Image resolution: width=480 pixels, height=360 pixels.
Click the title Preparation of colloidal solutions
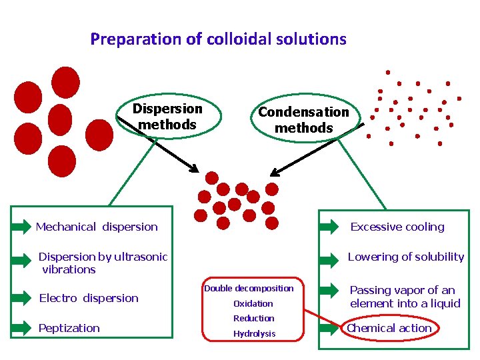pyautogui.click(x=218, y=39)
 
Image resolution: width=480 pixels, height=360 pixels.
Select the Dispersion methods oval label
pyautogui.click(x=167, y=117)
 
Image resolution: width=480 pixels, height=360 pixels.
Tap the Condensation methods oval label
pyautogui.click(x=303, y=120)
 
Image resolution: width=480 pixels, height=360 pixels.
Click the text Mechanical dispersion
pyautogui.click(x=97, y=227)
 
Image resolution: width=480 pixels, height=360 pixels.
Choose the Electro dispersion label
pyautogui.click(x=89, y=298)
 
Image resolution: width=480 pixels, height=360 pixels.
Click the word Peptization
pyautogui.click(x=69, y=328)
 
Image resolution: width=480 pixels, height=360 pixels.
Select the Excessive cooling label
pyautogui.click(x=397, y=227)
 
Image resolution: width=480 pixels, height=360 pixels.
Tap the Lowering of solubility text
pyautogui.click(x=406, y=257)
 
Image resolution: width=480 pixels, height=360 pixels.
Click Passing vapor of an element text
pyautogui.click(x=405, y=297)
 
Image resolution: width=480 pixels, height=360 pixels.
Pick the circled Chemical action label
pyautogui.click(x=389, y=328)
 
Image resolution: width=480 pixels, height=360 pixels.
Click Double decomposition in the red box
pyautogui.click(x=249, y=288)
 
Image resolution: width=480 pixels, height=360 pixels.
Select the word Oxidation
pyautogui.click(x=253, y=303)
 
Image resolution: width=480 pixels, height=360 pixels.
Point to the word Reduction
pyautogui.click(x=254, y=319)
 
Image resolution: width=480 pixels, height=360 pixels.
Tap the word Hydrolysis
pyautogui.click(x=254, y=333)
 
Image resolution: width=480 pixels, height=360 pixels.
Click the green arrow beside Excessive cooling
pyautogui.click(x=329, y=227)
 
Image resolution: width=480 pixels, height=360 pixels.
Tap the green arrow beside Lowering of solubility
pyautogui.click(x=329, y=257)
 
